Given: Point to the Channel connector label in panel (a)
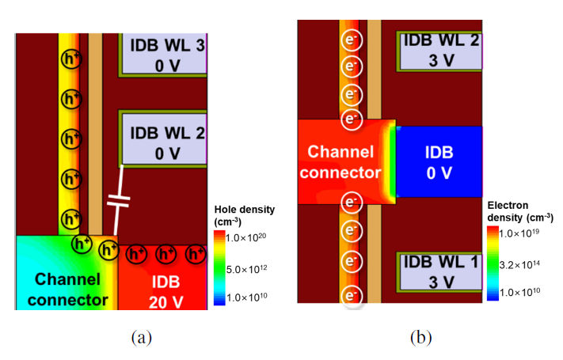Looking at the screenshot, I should tap(67, 290).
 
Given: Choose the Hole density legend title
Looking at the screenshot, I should tap(245, 215).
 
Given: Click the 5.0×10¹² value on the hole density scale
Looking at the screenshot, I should tap(250, 269).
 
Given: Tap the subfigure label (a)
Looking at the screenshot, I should tap(140, 338).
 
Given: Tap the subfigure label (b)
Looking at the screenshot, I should tap(420, 338).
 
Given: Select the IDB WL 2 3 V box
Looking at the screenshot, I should tap(439, 49).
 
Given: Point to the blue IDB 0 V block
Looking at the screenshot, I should tap(439, 161).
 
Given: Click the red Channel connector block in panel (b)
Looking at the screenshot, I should tap(340, 161).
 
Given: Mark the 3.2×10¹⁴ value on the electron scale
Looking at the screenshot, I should tap(531, 263).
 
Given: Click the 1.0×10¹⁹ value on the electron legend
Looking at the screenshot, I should tap(531, 233).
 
